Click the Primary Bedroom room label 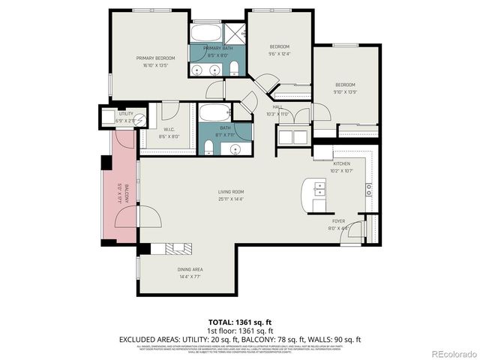pyautogui.click(x=155, y=61)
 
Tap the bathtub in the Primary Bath pyautogui.click(x=205, y=33)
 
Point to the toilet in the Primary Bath pyautogui.click(x=234, y=70)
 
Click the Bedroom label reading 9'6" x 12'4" pyautogui.click(x=279, y=50)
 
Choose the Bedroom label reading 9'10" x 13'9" pyautogui.click(x=345, y=88)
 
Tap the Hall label pyautogui.click(x=277, y=110)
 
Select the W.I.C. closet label pyautogui.click(x=169, y=133)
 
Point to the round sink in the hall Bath pyautogui.click(x=234, y=147)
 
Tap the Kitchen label pyautogui.click(x=342, y=166)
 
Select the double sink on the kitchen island pyautogui.click(x=319, y=192)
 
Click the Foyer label pyautogui.click(x=339, y=225)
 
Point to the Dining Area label pyautogui.click(x=190, y=273)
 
